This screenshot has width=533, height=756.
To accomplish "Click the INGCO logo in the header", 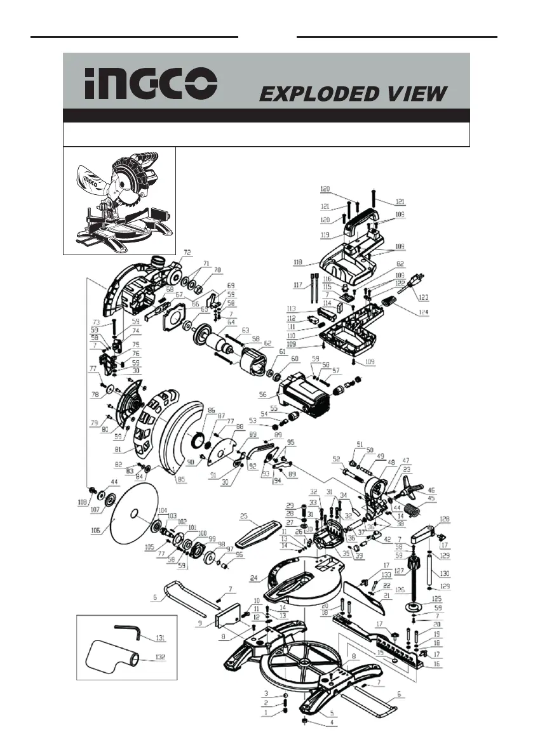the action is (x=151, y=84).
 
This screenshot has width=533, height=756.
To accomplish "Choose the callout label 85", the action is (x=181, y=480).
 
